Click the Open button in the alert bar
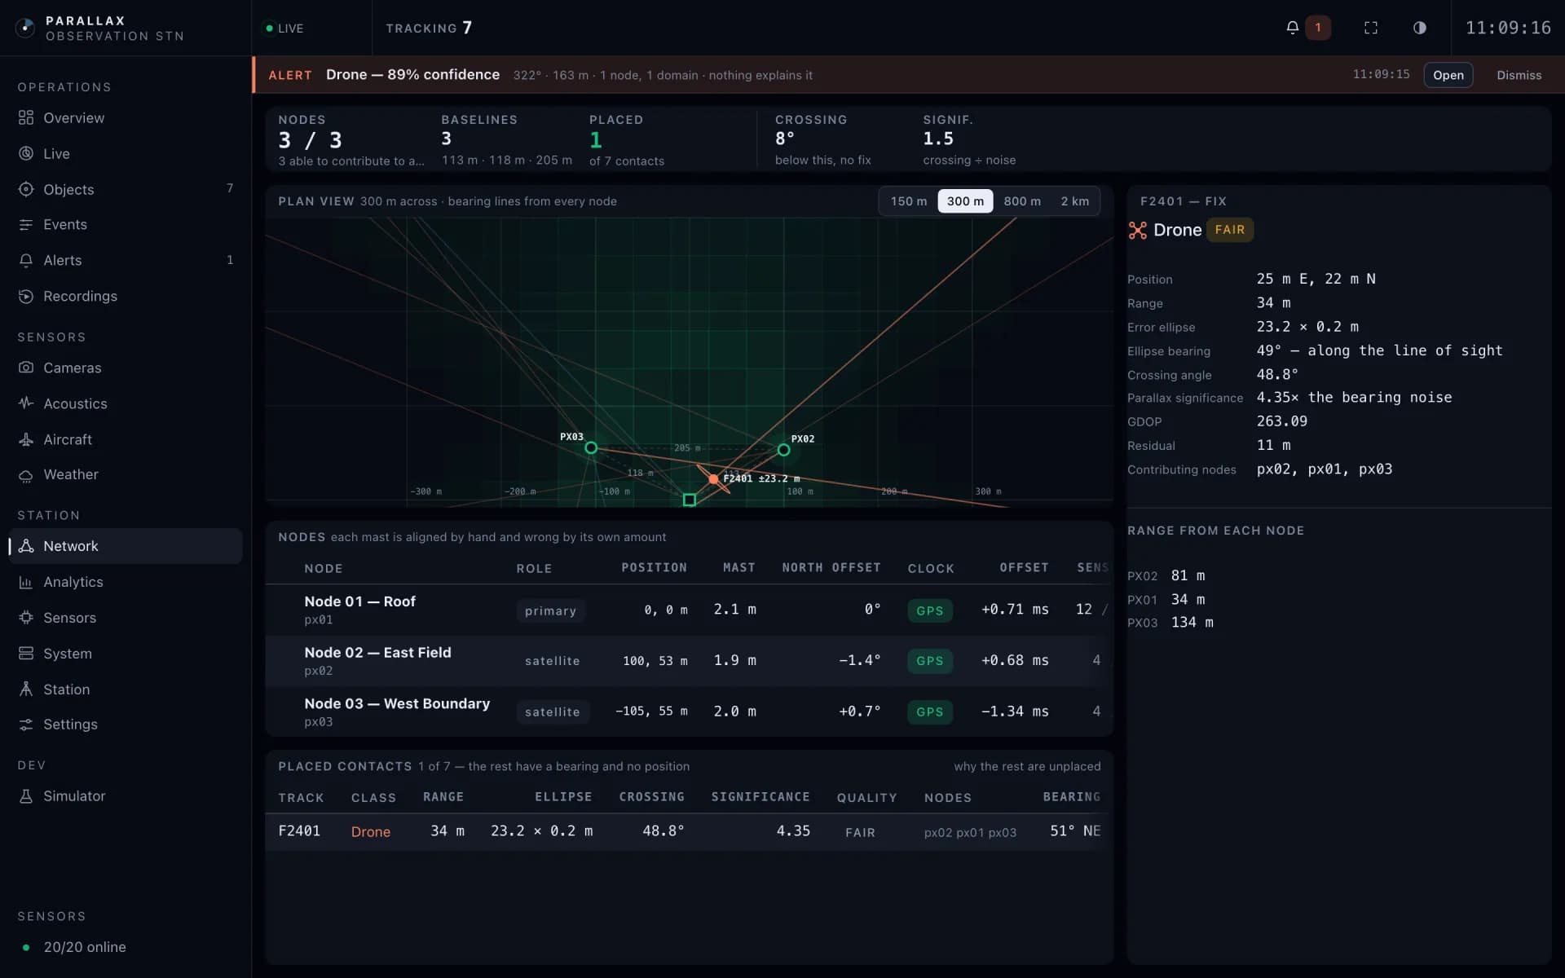[x=1448, y=75]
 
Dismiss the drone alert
[x=1519, y=75]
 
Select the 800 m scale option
[x=1022, y=201]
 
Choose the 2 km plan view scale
[x=1074, y=201]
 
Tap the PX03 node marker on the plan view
[x=591, y=447]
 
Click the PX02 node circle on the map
[x=783, y=450]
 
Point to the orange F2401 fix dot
[x=713, y=479]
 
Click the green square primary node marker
[x=690, y=500]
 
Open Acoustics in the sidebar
[x=75, y=403]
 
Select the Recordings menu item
[x=80, y=296]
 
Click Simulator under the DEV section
[x=74, y=796]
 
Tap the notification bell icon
[x=1292, y=28]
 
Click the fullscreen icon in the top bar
[x=1371, y=28]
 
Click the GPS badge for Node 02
[x=930, y=661]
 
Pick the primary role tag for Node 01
[x=550, y=610]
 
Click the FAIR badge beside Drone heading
[x=1230, y=230]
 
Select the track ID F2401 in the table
[x=299, y=831]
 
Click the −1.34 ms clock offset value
[x=1015, y=711]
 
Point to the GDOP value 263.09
[x=1282, y=421]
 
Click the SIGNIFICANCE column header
[x=760, y=797]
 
